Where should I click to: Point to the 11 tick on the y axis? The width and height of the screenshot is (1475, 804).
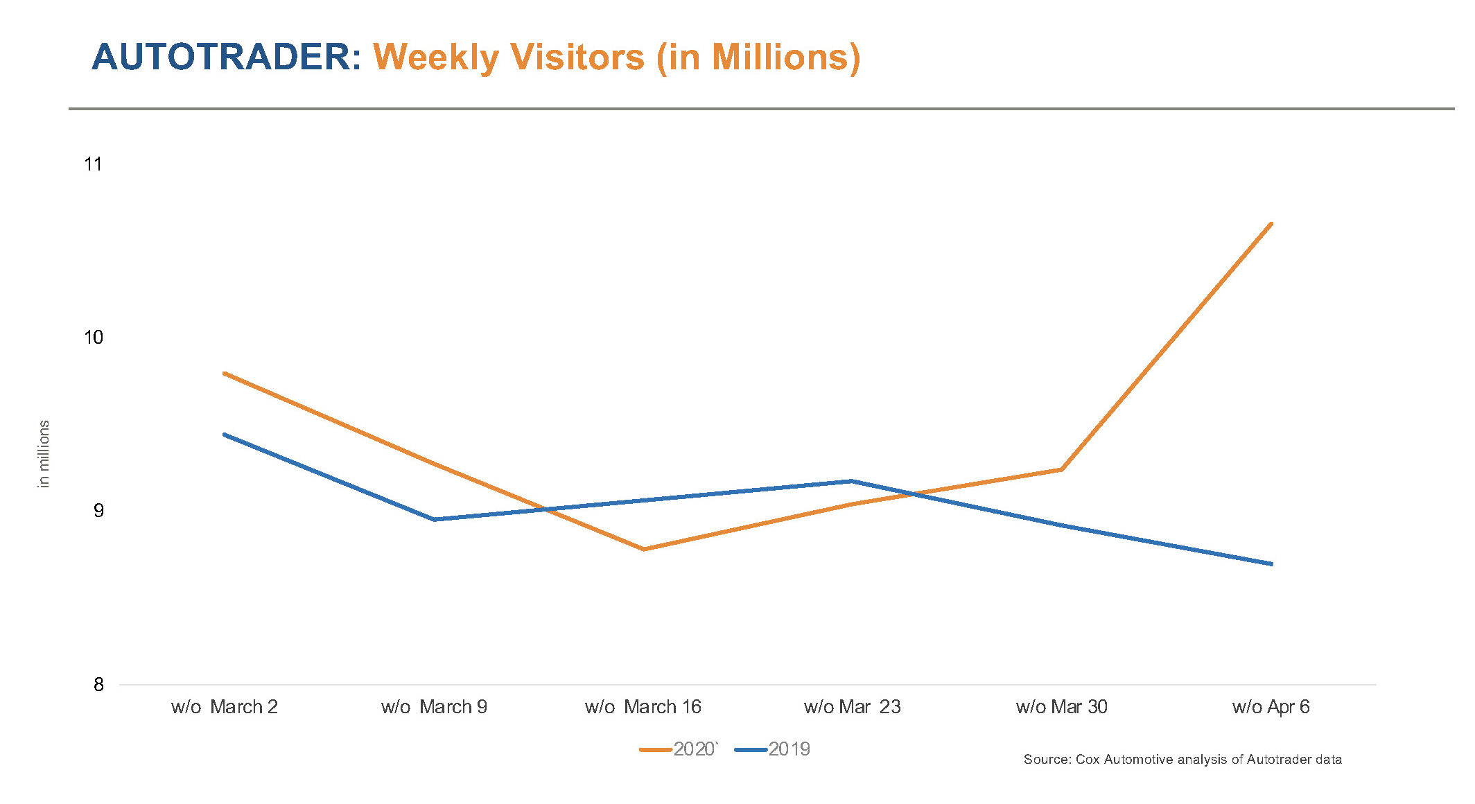click(93, 164)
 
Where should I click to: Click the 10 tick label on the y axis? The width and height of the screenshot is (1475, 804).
click(93, 338)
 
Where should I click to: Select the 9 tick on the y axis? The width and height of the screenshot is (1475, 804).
click(98, 511)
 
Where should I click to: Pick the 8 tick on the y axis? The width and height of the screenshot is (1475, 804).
click(98, 685)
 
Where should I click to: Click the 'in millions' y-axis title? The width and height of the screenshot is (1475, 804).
click(44, 454)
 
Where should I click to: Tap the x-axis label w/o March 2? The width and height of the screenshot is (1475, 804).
click(224, 707)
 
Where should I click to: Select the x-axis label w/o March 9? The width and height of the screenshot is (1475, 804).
click(434, 707)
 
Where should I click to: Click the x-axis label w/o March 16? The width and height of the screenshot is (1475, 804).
click(643, 707)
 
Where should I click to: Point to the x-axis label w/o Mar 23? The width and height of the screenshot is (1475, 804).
click(852, 707)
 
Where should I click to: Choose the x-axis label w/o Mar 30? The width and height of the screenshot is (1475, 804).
click(1061, 707)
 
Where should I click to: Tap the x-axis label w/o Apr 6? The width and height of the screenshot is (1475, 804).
click(1271, 707)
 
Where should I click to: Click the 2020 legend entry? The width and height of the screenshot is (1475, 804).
click(680, 749)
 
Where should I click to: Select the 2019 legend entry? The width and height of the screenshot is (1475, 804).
click(773, 749)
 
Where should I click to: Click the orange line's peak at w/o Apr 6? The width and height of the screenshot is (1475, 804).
click(1271, 224)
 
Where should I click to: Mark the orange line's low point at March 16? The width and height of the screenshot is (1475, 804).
click(644, 549)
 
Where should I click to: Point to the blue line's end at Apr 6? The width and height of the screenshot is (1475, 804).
click(1271, 563)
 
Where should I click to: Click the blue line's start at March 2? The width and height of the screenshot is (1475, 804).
click(224, 435)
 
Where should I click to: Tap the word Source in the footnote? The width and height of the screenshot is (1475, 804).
click(1047, 760)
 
